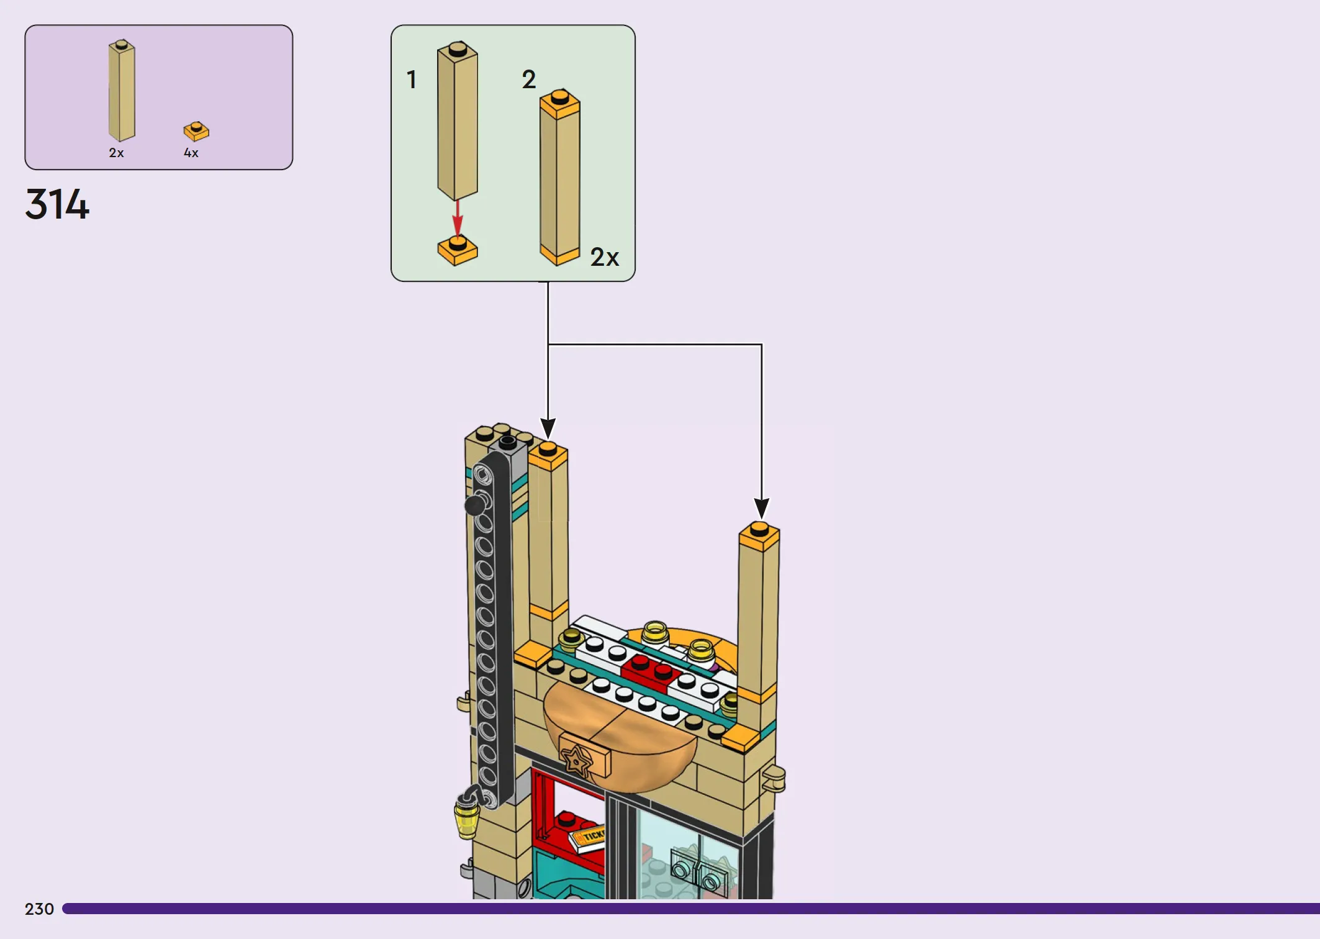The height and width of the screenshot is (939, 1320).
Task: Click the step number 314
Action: point(57,204)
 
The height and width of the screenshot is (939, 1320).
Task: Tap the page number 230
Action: point(39,909)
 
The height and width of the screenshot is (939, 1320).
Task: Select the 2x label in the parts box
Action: point(116,153)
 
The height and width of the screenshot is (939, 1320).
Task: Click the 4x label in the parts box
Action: point(191,153)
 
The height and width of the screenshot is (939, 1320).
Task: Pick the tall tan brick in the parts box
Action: point(122,91)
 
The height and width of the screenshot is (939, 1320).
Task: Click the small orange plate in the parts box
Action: point(196,131)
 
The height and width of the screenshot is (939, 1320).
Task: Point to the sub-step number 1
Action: point(411,79)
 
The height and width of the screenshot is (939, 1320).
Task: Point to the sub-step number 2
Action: point(528,79)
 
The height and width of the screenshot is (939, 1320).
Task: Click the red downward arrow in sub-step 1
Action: point(458,218)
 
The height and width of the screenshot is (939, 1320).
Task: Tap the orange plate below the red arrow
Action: point(458,250)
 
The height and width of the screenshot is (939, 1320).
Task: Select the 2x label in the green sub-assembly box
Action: point(604,257)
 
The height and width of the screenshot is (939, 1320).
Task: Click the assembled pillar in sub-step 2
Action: point(559,178)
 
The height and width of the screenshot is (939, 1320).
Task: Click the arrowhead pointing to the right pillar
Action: point(761,508)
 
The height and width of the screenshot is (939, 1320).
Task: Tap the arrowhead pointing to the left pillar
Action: point(548,429)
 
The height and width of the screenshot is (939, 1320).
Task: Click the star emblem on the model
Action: point(577,760)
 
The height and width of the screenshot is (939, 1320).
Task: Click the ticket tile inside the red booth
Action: point(587,838)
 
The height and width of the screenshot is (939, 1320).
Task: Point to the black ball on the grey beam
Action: point(475,505)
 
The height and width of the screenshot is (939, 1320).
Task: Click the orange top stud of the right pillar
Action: point(759,529)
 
